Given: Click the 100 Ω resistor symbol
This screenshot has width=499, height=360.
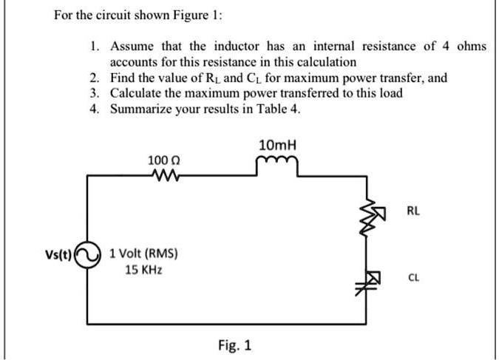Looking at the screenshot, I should tap(163, 175).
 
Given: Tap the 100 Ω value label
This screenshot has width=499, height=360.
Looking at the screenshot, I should tap(163, 160).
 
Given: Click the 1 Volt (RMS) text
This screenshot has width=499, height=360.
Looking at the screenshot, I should tap(143, 254).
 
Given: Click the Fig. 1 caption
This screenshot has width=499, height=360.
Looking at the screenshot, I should tap(234, 344).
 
